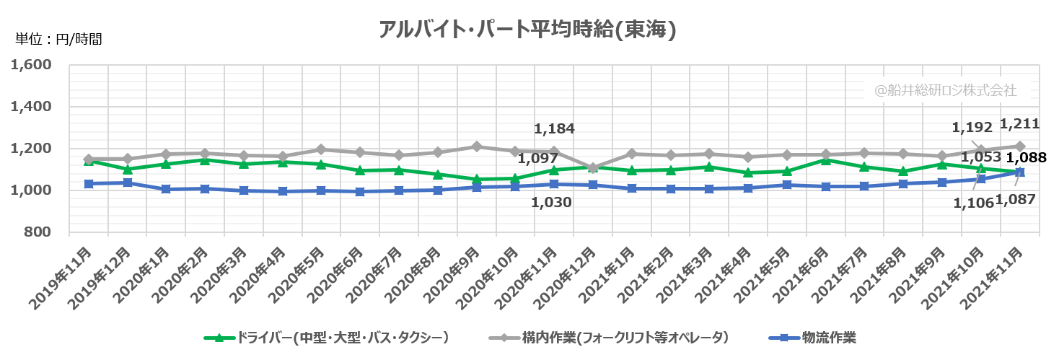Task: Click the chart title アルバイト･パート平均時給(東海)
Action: (528, 30)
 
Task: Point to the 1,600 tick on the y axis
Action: (31, 65)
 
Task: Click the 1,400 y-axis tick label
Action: (31, 107)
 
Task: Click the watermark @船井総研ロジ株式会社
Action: (945, 91)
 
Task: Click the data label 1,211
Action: (1019, 124)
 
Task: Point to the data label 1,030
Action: (551, 203)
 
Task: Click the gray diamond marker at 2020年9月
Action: (476, 146)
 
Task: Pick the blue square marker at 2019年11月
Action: (88, 184)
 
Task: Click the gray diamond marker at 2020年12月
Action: (593, 168)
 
